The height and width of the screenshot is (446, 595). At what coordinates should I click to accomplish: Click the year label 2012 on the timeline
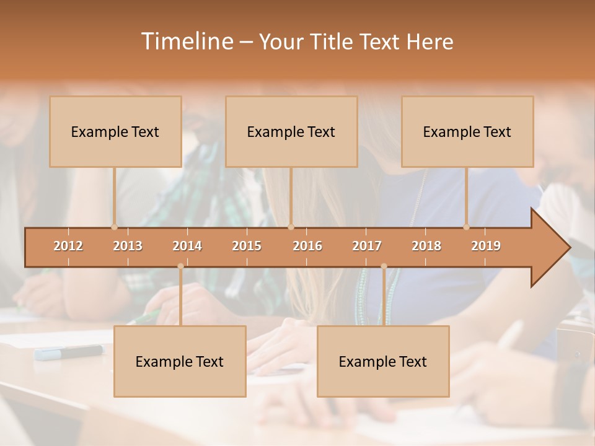tap(68, 246)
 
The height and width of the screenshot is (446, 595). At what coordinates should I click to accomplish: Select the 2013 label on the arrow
tap(128, 246)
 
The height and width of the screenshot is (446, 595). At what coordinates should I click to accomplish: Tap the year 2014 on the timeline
tap(187, 246)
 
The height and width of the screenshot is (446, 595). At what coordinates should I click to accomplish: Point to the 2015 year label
tap(247, 246)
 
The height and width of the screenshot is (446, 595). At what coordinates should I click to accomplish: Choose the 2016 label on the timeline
tap(307, 246)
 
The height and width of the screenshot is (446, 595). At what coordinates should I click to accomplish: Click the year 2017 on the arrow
tap(367, 246)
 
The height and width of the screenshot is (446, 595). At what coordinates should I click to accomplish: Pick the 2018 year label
tap(426, 246)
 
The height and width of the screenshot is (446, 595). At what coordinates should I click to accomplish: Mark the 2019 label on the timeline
tap(486, 246)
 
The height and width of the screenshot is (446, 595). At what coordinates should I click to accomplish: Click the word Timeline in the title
tap(187, 42)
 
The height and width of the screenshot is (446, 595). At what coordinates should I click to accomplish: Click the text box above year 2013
tap(115, 132)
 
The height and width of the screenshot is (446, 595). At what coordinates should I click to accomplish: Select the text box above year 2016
tap(291, 132)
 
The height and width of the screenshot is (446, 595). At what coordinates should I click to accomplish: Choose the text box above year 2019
tap(467, 132)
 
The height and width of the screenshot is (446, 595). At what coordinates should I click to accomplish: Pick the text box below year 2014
tap(180, 362)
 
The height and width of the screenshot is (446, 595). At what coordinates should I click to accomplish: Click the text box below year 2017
tap(383, 362)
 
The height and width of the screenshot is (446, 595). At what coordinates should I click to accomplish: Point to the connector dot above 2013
tap(114, 227)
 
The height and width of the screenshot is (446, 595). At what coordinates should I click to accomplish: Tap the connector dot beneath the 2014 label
tap(180, 266)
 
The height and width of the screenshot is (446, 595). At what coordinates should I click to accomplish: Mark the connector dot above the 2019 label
tap(467, 227)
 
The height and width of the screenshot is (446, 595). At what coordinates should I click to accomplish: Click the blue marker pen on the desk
tap(69, 352)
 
